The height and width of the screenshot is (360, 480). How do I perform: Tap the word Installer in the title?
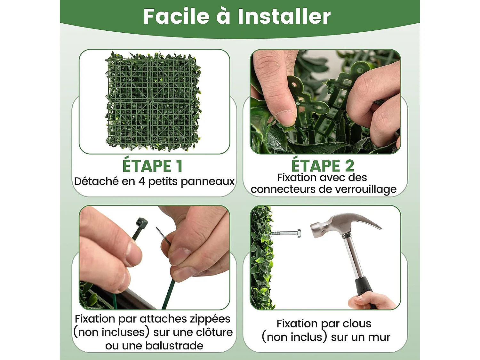click(284, 17)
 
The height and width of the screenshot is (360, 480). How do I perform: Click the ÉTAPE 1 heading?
click(152, 166)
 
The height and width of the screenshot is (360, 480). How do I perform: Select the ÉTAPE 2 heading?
click(323, 166)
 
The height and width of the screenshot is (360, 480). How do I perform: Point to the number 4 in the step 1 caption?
click(141, 181)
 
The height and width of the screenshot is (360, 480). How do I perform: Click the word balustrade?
click(174, 346)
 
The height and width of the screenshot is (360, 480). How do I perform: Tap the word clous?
click(357, 324)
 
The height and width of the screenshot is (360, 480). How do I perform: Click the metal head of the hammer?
click(336, 224)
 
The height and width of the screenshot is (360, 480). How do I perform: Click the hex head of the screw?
click(299, 233)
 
